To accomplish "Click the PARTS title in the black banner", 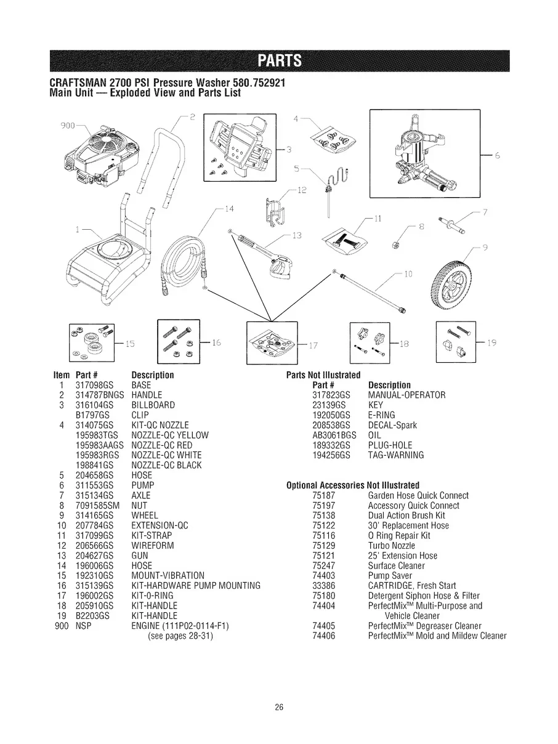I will [x=279, y=61].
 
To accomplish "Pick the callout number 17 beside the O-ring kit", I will [x=313, y=344].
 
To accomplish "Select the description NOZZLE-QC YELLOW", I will [x=170, y=435].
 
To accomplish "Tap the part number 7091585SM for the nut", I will [x=95, y=505].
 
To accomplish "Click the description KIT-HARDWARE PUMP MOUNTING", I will [x=196, y=585].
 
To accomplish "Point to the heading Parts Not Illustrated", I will [x=323, y=376].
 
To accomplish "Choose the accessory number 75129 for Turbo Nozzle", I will [x=323, y=546].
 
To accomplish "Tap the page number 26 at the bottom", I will [x=279, y=707].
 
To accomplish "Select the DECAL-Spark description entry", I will [x=392, y=425].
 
